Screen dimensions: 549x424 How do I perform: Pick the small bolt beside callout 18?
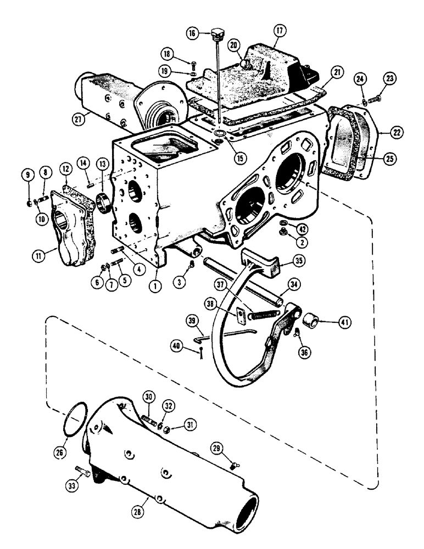pyautogui.click(x=192, y=63)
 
